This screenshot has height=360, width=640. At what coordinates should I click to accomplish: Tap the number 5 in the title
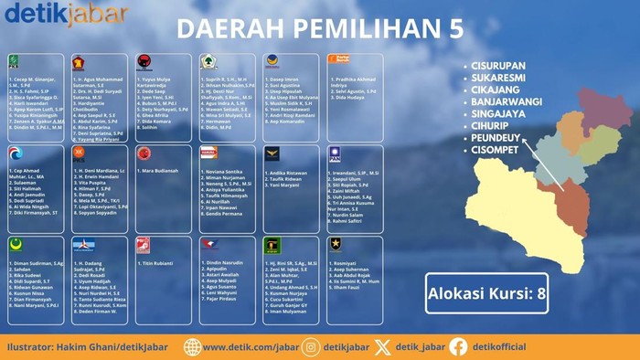point(454,27)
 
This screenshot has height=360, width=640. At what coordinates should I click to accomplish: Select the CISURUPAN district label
point(507,66)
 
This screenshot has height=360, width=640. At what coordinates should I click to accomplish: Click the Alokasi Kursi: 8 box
point(486,294)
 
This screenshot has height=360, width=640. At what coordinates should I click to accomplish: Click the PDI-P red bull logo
point(143,60)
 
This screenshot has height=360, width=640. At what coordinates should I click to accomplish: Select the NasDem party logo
point(272,60)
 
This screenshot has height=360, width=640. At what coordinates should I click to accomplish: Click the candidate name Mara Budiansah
point(161,171)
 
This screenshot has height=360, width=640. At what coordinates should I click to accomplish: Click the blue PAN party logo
point(335,152)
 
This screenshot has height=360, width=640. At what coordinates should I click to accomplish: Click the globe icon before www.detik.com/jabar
point(192,346)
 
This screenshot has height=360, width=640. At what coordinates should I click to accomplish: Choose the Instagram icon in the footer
point(311,346)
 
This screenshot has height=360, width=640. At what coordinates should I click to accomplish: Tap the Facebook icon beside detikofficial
point(458,346)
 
